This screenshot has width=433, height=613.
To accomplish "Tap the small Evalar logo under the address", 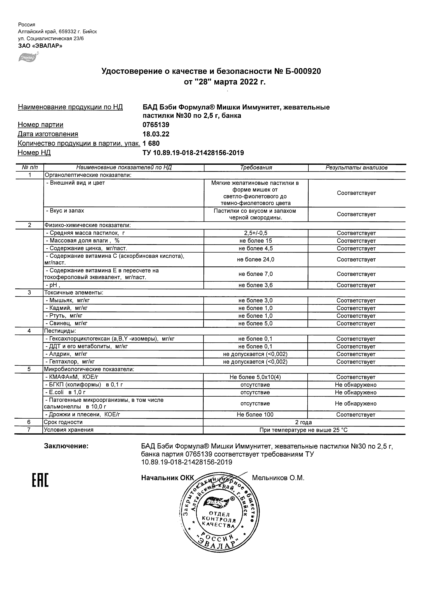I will [28, 57].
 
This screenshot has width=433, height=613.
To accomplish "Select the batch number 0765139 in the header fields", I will [156, 125].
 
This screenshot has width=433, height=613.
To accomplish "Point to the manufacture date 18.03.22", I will [156, 134].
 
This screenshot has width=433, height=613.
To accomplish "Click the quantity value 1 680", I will [151, 143].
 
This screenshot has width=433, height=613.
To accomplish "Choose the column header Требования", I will [256, 168].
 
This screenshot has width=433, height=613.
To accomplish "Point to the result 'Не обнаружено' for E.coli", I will [356, 392].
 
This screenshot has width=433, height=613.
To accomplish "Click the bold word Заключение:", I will [66, 446].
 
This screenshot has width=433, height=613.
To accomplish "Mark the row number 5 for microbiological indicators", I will [29, 369].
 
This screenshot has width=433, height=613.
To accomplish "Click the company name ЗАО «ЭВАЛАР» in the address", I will [40, 46].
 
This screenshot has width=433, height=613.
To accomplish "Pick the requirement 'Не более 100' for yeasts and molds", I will [255, 415].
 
